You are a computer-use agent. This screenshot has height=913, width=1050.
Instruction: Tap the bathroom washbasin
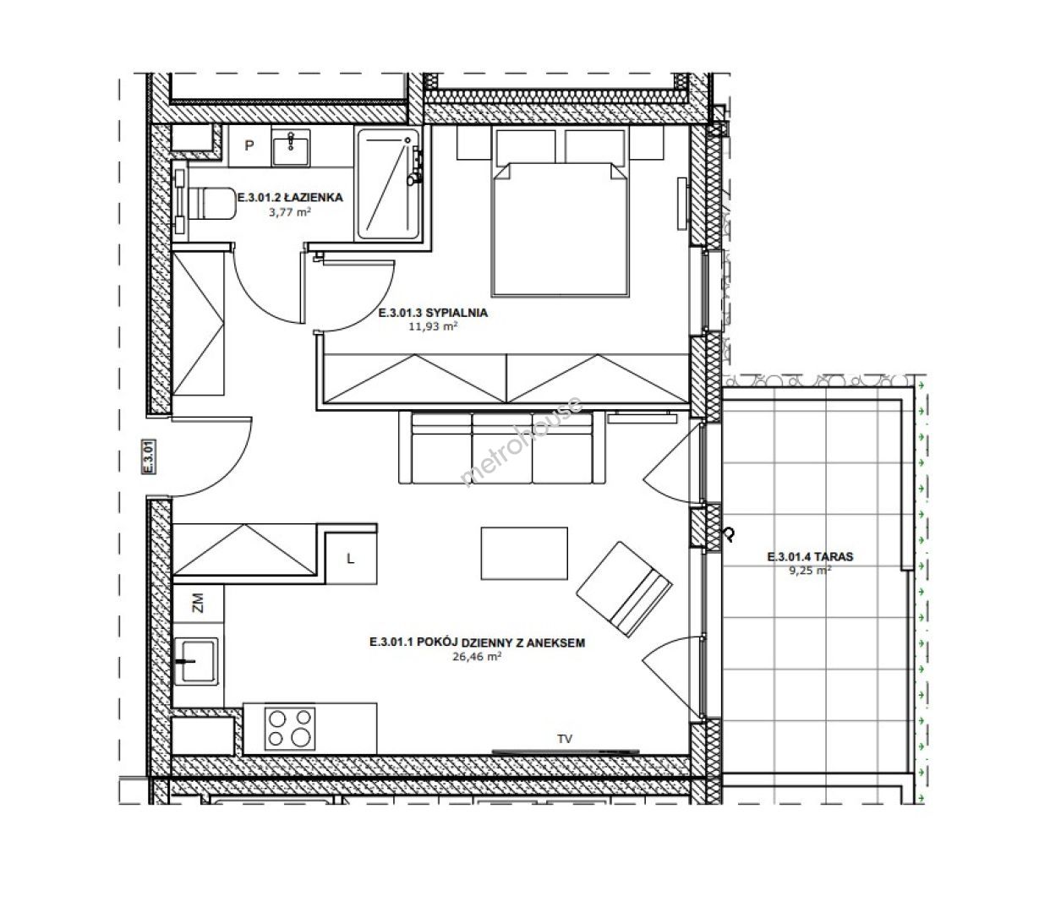(291, 148)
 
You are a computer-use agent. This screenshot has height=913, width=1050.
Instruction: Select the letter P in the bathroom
(249, 145)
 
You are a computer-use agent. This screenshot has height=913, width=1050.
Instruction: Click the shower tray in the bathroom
(388, 183)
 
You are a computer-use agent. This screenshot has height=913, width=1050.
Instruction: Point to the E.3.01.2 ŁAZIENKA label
(290, 197)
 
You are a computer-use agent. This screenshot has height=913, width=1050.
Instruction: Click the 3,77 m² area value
(290, 212)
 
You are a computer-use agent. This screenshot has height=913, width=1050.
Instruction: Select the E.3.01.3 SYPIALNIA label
(433, 313)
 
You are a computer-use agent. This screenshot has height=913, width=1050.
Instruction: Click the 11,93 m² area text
(433, 326)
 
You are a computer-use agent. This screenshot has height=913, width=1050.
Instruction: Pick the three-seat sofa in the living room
(502, 447)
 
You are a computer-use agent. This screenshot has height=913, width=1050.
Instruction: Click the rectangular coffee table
(524, 553)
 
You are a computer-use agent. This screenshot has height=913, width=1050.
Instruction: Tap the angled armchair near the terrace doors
(624, 588)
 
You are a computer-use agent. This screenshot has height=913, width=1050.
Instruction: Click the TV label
(565, 739)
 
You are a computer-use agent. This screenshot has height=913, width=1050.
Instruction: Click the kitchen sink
(196, 662)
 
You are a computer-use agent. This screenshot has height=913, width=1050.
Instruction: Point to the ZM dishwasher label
(198, 603)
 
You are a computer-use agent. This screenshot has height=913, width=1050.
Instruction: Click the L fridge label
(351, 559)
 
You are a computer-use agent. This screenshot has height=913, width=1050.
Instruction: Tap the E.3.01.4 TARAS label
(810, 557)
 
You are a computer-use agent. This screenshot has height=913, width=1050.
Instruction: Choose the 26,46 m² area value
(477, 656)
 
